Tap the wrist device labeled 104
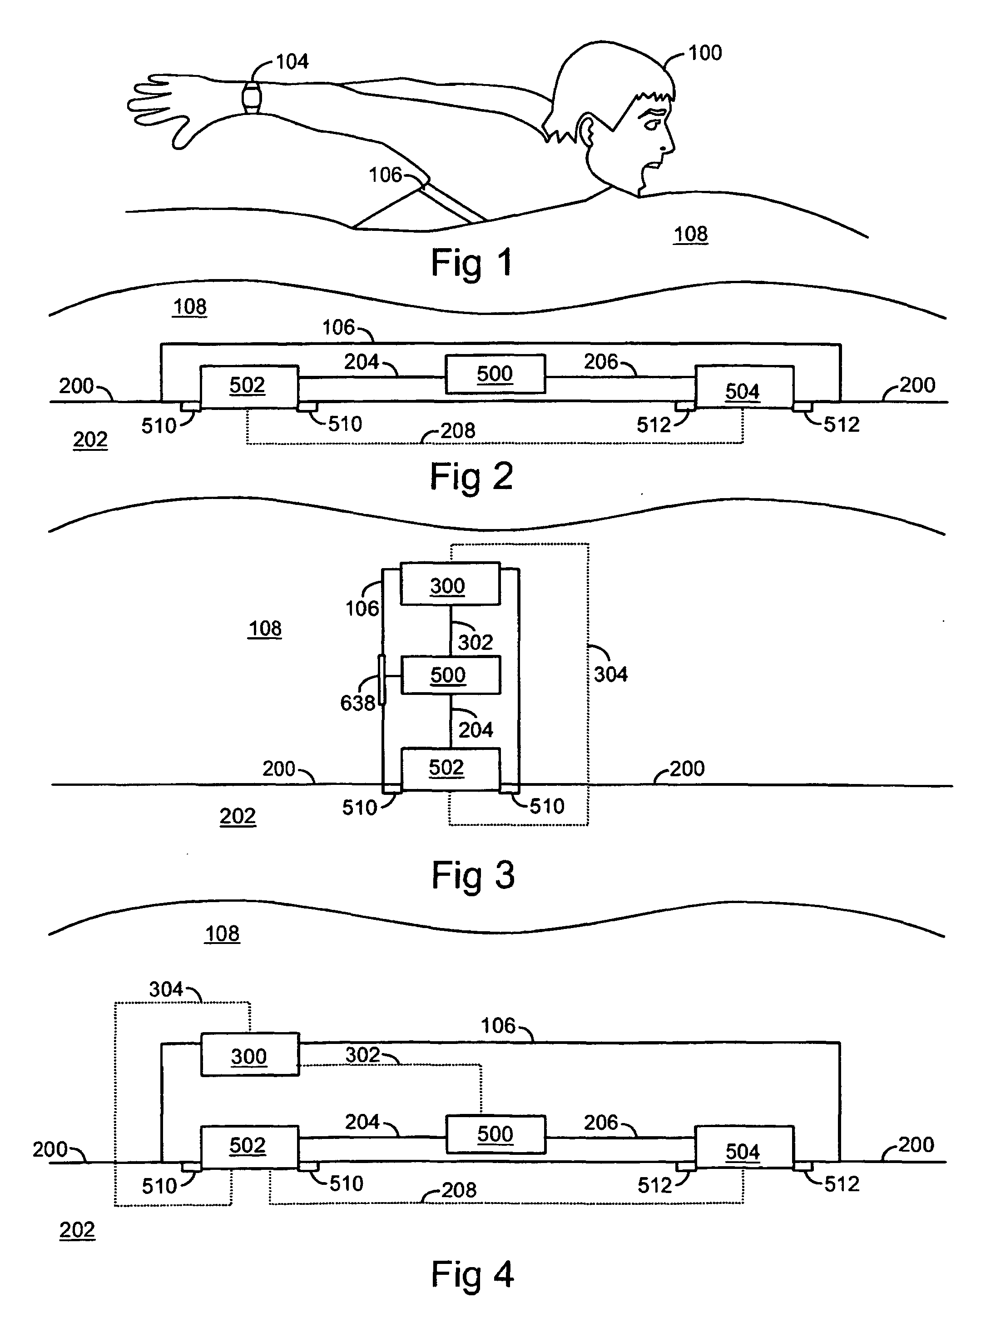coord(252,96)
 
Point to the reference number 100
coord(705,53)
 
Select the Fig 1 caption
coord(471,263)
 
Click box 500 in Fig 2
coord(495,374)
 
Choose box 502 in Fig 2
coord(249,386)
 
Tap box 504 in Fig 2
coord(744,387)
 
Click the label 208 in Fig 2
coord(458,430)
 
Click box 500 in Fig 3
coord(451,674)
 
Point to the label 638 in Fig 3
coord(357,703)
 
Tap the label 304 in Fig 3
coord(610,674)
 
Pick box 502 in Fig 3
coord(450,769)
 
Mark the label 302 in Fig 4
coord(363,1055)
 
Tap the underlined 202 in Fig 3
coord(238,816)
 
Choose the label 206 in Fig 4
coord(601,1122)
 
